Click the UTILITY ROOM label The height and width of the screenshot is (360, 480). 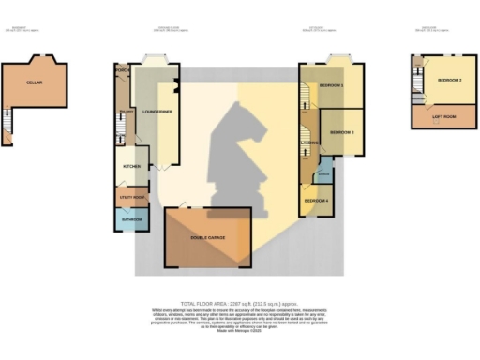129,198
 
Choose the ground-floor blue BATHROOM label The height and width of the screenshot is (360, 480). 130,220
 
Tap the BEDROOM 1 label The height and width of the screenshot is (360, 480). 331,86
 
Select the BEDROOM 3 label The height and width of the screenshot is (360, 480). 340,132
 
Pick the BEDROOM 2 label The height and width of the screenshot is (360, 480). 449,81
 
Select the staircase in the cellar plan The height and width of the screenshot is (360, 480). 7,123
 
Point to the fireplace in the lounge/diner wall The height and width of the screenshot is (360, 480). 176,91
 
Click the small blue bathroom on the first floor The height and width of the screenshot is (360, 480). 324,172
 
